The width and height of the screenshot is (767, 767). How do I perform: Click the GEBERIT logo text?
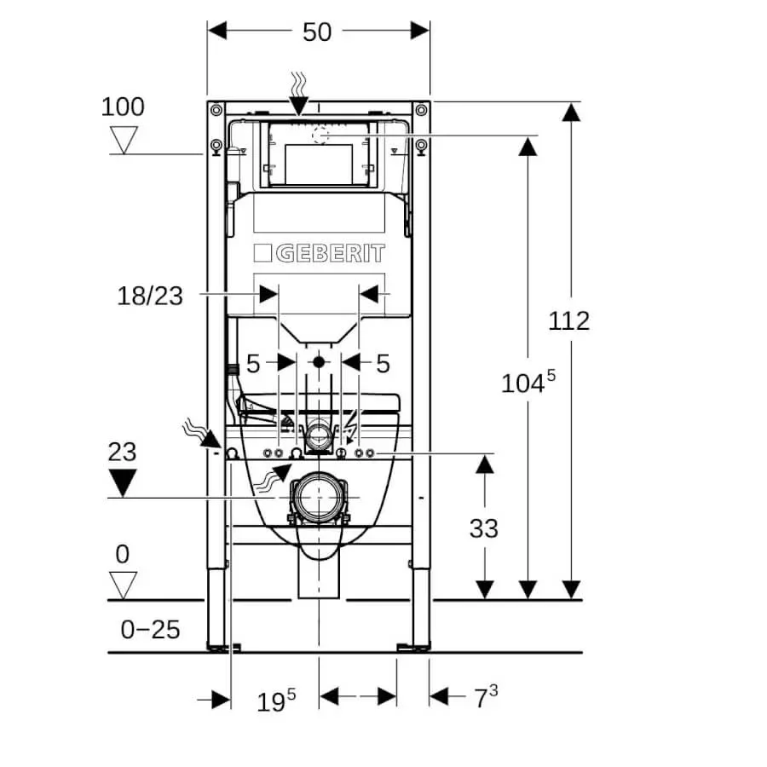(x=319, y=253)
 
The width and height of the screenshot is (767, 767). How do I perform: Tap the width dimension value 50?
(x=317, y=32)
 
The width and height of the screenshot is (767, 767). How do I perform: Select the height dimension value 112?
(x=568, y=321)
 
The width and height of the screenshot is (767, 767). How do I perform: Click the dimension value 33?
(x=483, y=528)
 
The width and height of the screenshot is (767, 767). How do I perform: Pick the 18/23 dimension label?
(x=150, y=296)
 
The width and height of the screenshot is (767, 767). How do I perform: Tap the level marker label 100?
(x=123, y=107)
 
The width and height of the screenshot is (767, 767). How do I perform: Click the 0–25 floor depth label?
(x=150, y=630)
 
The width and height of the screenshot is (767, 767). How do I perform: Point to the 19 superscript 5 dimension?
(x=276, y=701)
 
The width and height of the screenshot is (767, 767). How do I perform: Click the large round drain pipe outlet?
(x=319, y=497)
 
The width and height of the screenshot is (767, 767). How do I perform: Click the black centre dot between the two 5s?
(x=319, y=361)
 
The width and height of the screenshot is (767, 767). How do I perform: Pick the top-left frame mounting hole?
(x=216, y=110)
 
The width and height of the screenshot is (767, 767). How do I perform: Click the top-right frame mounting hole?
(x=420, y=110)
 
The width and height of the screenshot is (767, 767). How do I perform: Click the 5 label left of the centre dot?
(x=253, y=364)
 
